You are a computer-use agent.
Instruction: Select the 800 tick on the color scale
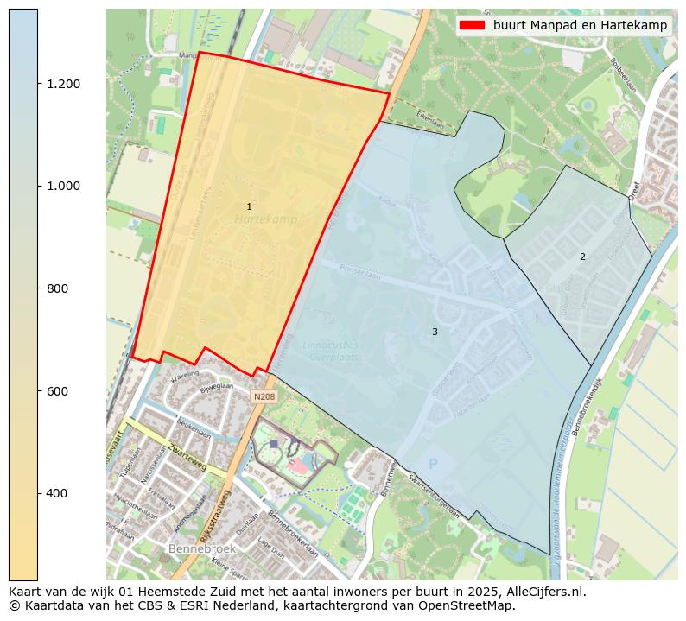[x=57, y=288]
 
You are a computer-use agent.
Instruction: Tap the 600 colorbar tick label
[x=57, y=391]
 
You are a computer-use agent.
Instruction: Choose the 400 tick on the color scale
[x=57, y=493]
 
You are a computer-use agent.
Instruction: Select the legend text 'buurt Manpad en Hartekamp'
[x=580, y=25]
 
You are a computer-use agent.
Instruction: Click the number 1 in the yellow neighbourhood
[x=249, y=206]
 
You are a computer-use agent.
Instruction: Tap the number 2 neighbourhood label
[x=582, y=257]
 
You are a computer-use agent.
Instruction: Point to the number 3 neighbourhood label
[x=435, y=332]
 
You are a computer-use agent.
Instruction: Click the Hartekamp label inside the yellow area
[x=265, y=220]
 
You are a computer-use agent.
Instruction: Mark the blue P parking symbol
[x=434, y=465]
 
